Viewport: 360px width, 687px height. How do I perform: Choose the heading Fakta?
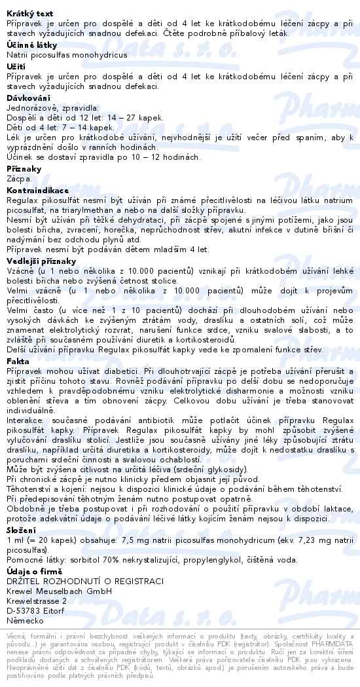coord(18,361)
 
